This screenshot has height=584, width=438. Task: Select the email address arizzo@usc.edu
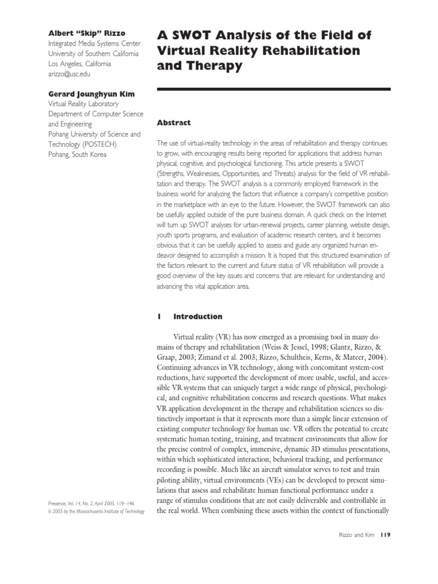(69, 74)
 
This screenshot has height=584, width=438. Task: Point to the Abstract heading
(173, 123)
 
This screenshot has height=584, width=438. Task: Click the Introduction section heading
(197, 317)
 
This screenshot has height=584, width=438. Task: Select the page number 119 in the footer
(384, 534)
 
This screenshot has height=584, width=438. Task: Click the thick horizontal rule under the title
(273, 89)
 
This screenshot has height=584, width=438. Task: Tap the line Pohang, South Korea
(77, 155)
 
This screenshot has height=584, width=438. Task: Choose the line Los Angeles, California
(79, 64)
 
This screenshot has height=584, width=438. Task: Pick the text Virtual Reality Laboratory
(83, 104)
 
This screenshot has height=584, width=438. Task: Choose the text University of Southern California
(93, 54)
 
